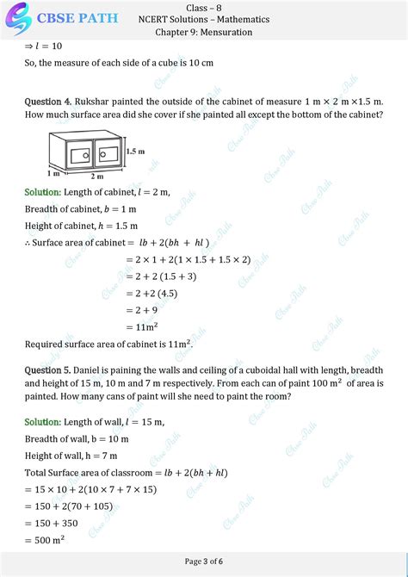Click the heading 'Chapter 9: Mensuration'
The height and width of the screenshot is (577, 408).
(x=203, y=32)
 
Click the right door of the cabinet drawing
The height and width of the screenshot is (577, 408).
(x=108, y=155)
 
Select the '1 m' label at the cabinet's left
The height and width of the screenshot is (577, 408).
(x=31, y=173)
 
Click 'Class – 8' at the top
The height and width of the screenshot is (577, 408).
(x=203, y=7)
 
